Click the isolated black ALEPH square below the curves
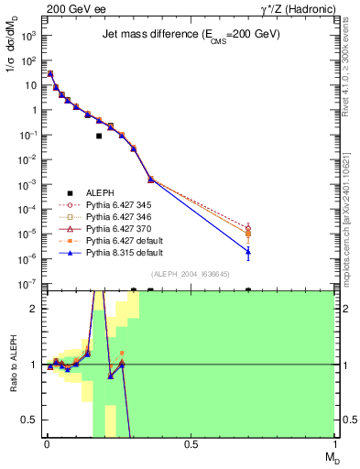pyautogui.click(x=99, y=136)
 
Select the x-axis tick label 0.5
pyautogui.click(x=191, y=446)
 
